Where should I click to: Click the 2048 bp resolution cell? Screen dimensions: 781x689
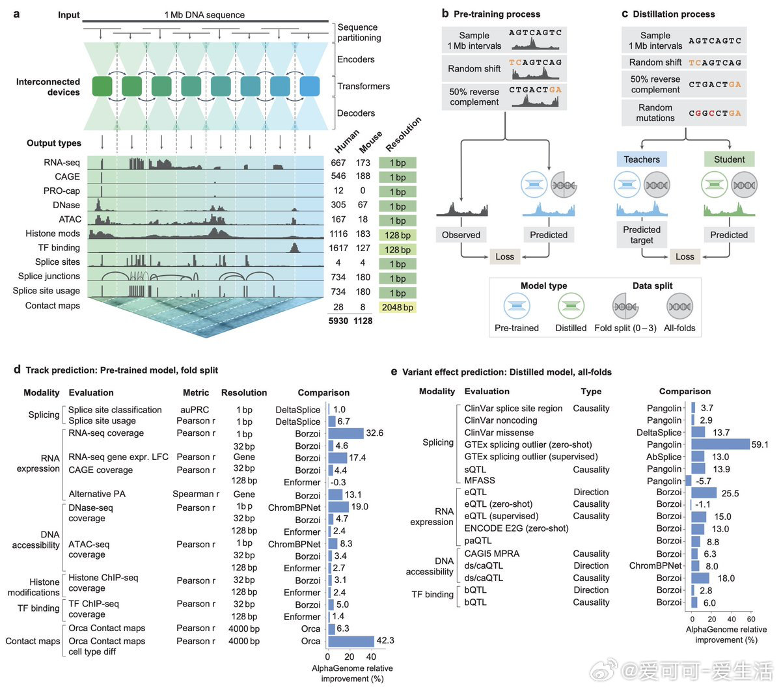click(x=397, y=307)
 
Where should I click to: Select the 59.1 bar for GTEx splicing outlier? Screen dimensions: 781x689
click(x=720, y=444)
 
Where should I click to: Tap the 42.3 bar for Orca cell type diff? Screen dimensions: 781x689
click(x=351, y=641)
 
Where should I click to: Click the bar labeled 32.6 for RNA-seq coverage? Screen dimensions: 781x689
click(x=346, y=433)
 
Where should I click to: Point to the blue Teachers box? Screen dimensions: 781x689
click(x=642, y=159)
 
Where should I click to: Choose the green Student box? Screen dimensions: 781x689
click(x=729, y=159)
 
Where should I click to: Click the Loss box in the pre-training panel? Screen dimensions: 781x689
click(x=504, y=256)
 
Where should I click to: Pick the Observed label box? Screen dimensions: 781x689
click(x=461, y=235)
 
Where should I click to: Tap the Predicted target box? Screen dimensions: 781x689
click(x=642, y=235)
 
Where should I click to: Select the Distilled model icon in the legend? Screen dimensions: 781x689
click(x=571, y=306)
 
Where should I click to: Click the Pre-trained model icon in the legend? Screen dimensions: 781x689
click(x=517, y=306)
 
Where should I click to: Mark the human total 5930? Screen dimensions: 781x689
click(x=338, y=321)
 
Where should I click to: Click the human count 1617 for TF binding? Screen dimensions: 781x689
click(x=338, y=248)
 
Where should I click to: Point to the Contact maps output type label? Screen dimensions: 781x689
click(x=53, y=306)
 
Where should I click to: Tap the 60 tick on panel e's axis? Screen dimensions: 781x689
click(x=751, y=619)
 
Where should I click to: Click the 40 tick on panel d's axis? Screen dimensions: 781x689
click(x=371, y=656)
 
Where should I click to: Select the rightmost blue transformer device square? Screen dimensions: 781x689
click(x=310, y=87)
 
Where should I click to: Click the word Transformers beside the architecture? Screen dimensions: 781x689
click(x=364, y=87)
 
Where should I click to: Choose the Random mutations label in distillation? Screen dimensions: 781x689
click(x=655, y=113)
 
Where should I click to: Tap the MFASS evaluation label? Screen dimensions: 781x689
click(x=480, y=480)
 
